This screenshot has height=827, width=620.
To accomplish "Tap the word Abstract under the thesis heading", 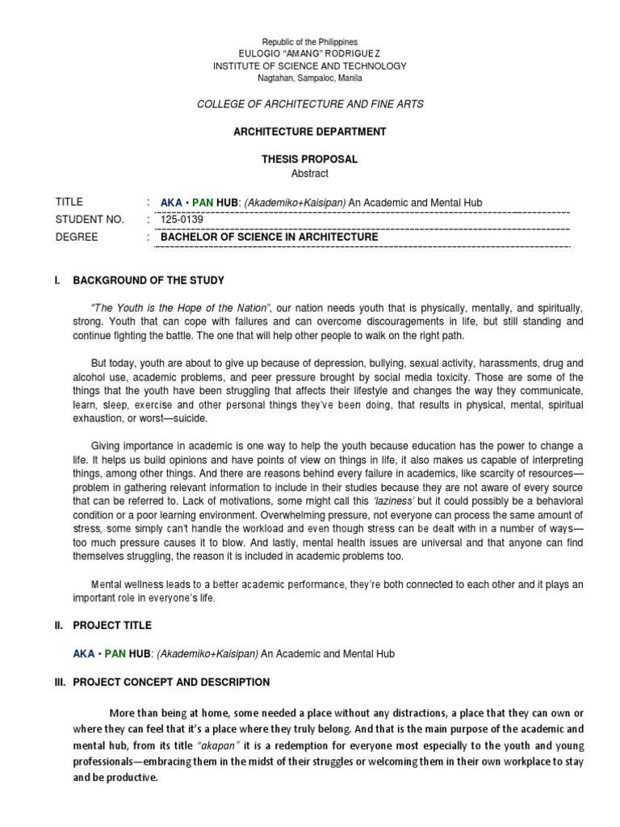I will point(311,173).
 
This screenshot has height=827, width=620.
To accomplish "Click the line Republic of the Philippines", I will point(311,41).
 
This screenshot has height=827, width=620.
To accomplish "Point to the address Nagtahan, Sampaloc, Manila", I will point(311,78).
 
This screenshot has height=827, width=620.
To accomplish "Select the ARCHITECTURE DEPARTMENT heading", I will point(311,132).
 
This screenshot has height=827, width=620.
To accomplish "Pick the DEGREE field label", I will point(77,237).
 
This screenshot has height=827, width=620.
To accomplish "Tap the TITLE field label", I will point(69,202).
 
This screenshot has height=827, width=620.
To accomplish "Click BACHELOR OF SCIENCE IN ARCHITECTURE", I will point(269,237).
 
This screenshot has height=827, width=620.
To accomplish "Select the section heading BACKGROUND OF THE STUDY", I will point(149,280).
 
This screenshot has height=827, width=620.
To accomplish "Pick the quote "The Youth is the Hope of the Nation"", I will point(182,309).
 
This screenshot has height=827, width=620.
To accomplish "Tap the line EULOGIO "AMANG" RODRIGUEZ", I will point(311,53).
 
